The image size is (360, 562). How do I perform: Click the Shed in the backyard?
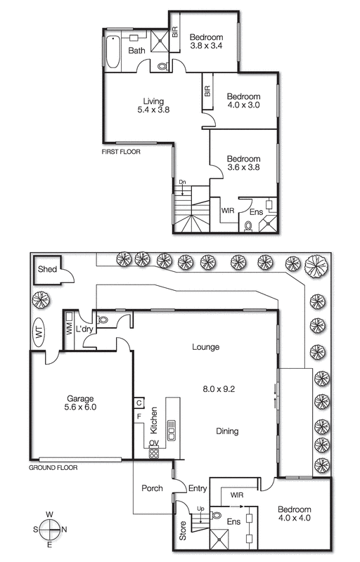pos(48,270)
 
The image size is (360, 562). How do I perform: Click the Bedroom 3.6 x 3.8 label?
pos(243,163)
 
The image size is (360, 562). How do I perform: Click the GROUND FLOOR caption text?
pos(53,467)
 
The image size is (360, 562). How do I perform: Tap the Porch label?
pos(152,488)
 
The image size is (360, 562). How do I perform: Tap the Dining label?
pos(227,431)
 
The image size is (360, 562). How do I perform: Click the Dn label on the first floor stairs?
pos(182,183)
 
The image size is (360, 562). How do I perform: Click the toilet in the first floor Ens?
pos(249,226)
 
